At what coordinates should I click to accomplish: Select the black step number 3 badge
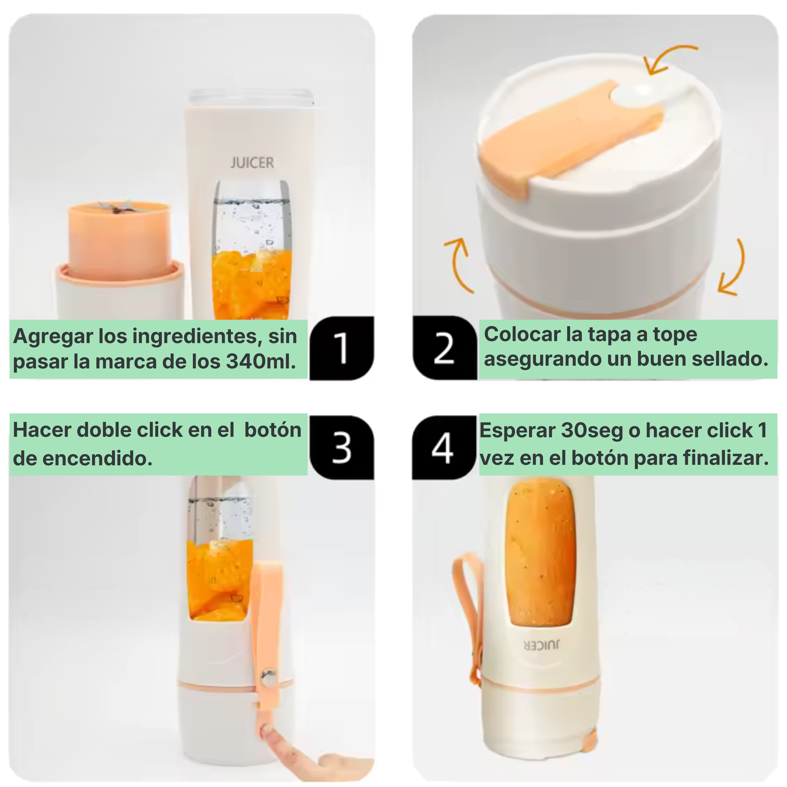[341, 447]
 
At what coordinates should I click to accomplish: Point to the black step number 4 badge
[444, 447]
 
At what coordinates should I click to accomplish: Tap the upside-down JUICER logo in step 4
[541, 645]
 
